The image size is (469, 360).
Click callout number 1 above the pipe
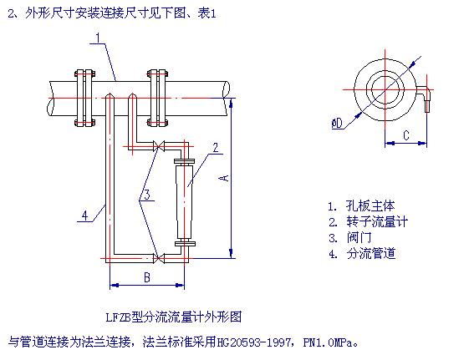(x=98, y=38)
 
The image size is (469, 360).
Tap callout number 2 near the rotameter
(x=216, y=148)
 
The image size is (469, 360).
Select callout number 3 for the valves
(x=147, y=195)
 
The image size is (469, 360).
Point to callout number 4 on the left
(x=85, y=215)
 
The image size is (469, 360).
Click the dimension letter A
(x=224, y=178)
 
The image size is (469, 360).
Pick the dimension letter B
(x=147, y=277)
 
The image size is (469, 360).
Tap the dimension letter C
(x=406, y=135)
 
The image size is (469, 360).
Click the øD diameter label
(x=338, y=123)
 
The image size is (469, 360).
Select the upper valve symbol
(x=159, y=146)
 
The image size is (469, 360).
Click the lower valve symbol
(x=159, y=258)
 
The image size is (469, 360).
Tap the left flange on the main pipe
(x=84, y=98)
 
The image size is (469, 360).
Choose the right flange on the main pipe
(x=157, y=98)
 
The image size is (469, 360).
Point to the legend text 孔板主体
(x=370, y=205)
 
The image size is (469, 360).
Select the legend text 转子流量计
(x=377, y=221)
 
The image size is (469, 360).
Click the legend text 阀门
(x=359, y=237)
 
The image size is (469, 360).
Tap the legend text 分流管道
(x=371, y=253)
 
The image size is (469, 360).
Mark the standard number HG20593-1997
(x=252, y=342)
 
